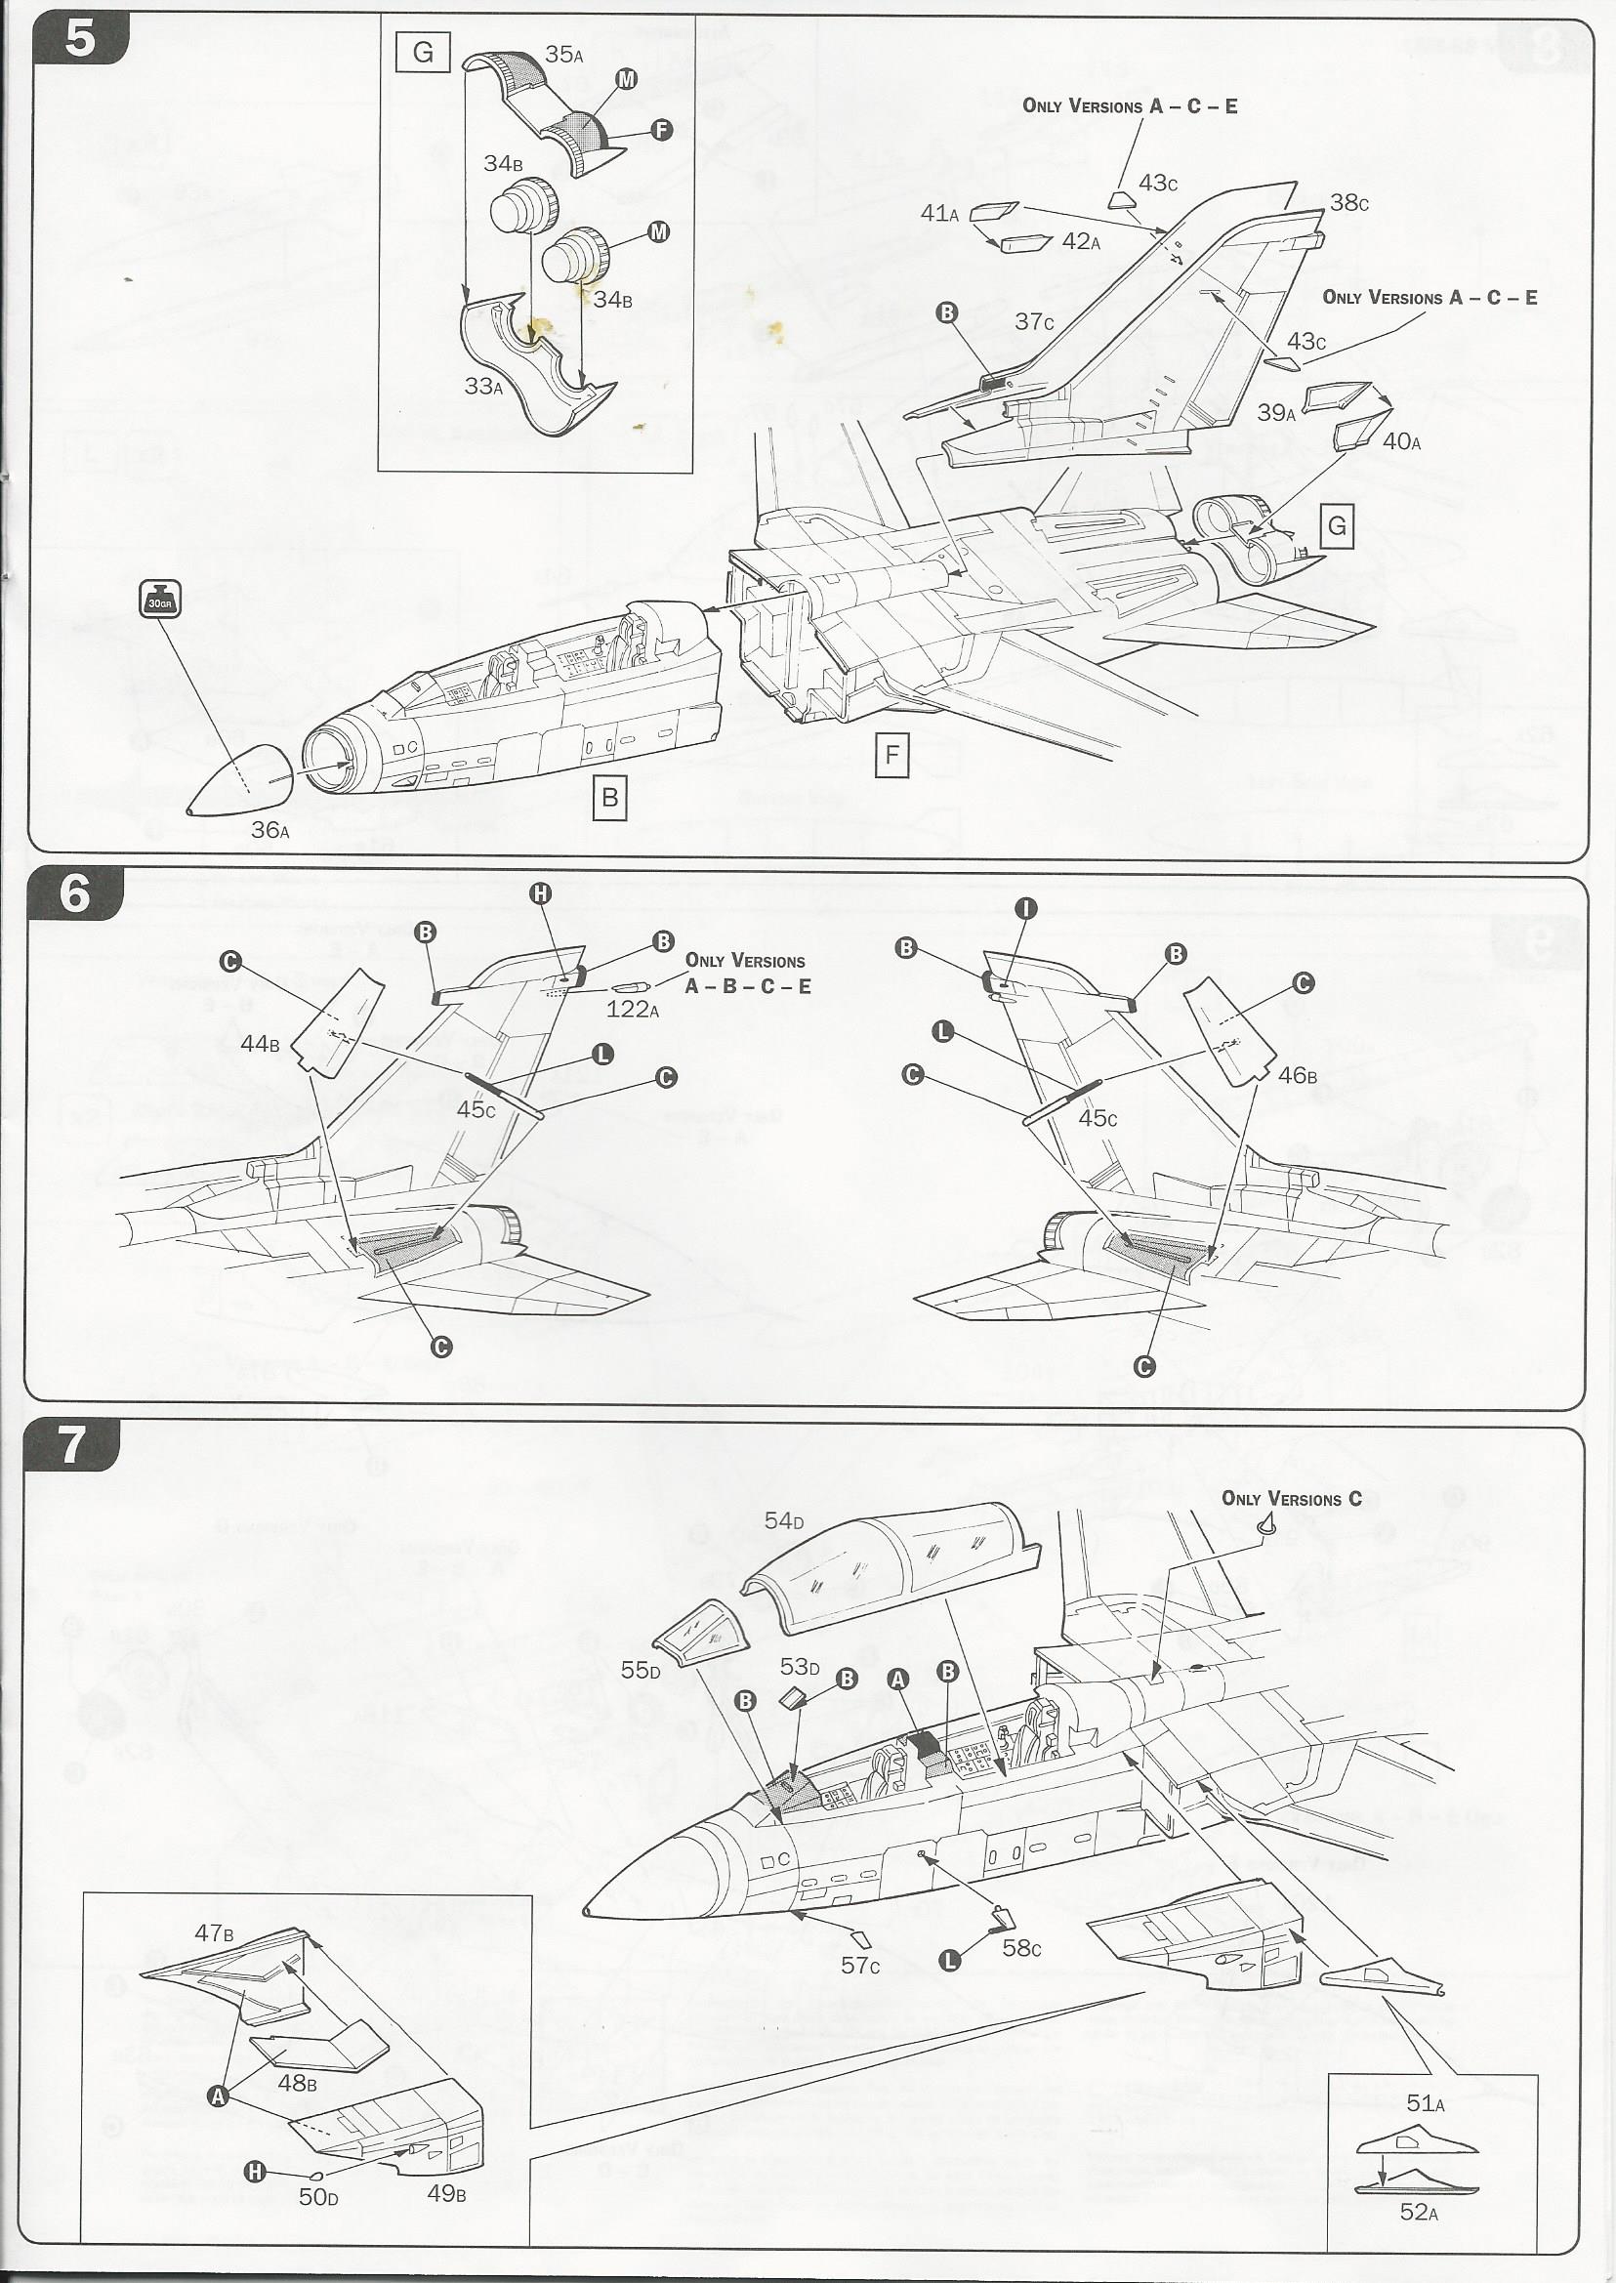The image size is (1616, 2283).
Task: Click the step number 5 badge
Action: click(x=80, y=40)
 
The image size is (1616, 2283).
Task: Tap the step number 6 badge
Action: click(x=75, y=892)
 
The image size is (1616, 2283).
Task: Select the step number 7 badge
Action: click(x=72, y=1444)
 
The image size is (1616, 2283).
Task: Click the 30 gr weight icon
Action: click(x=160, y=599)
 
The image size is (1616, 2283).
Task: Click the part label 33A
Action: click(x=483, y=386)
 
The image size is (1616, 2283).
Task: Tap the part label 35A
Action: click(x=564, y=55)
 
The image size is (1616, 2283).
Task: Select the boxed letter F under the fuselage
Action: click(x=891, y=756)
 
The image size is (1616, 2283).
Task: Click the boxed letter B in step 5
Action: click(x=610, y=797)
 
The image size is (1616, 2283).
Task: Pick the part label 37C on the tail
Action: click(x=1034, y=321)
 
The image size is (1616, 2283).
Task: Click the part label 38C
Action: click(x=1349, y=203)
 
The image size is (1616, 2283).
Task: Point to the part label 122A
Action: click(x=633, y=1009)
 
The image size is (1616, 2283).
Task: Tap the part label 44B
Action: click(x=260, y=1044)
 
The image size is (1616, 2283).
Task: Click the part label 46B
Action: click(x=1298, y=1075)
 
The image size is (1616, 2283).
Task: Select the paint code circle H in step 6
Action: click(x=540, y=893)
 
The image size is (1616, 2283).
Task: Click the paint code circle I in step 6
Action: click(x=1026, y=907)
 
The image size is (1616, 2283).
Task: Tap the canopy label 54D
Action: click(x=784, y=1520)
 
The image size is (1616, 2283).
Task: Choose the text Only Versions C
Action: click(x=1292, y=1499)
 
